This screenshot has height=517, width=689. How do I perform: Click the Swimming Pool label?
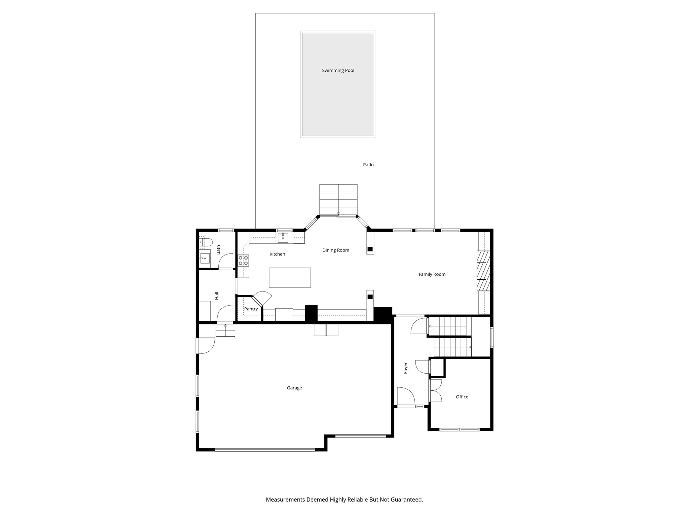click(338, 70)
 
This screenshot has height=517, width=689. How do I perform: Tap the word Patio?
click(368, 165)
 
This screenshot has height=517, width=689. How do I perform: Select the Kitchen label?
click(277, 254)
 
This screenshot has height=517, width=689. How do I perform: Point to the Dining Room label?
click(336, 250)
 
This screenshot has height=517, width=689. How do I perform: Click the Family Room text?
click(432, 274)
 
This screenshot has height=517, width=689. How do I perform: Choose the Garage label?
click(294, 388)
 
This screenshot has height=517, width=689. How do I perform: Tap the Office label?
click(462, 397)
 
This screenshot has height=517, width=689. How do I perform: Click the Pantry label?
click(251, 309)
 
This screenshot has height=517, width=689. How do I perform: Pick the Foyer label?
click(406, 368)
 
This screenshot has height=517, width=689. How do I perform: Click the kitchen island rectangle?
click(290, 277)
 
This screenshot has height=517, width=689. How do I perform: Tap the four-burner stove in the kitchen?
click(243, 260)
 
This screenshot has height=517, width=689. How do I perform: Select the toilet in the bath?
click(206, 242)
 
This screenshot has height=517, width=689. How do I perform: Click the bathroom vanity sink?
click(204, 258)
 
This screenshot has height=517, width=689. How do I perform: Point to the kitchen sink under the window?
click(283, 238)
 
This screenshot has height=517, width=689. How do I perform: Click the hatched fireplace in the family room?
click(483, 271)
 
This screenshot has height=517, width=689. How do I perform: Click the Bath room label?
click(218, 249)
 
